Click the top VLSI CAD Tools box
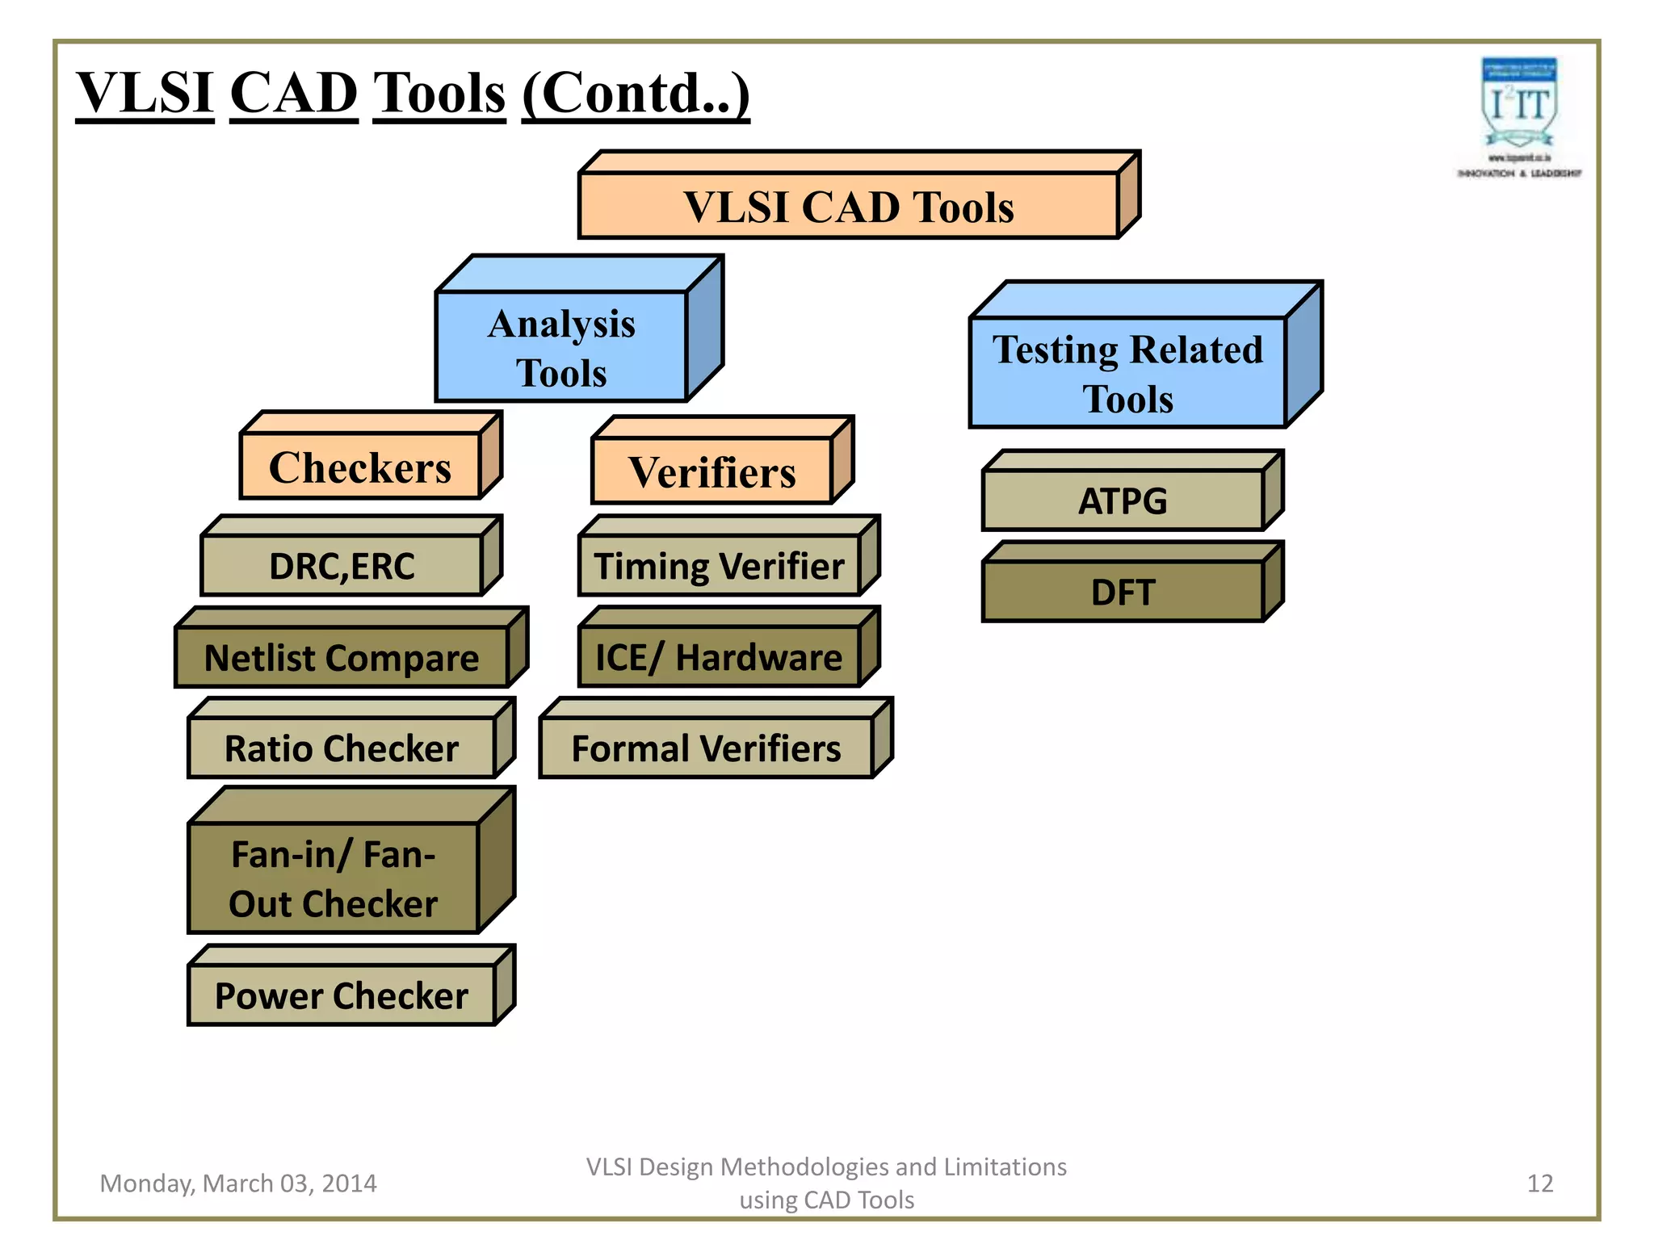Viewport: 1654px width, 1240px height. [x=848, y=206]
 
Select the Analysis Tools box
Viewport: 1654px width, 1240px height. [x=561, y=347]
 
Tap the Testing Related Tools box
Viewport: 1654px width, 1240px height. [x=1127, y=373]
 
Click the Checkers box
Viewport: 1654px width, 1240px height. [x=360, y=467]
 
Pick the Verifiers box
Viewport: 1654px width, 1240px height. [x=712, y=471]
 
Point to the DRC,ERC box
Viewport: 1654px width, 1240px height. [x=342, y=565]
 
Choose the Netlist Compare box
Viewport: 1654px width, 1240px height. [x=342, y=657]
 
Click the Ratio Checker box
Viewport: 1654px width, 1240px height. [x=342, y=748]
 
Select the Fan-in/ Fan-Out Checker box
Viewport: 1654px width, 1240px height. [x=333, y=878]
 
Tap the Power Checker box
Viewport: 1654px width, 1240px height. [x=342, y=995]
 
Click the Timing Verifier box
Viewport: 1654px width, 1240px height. [x=719, y=565]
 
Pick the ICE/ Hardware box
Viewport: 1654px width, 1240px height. [x=719, y=656]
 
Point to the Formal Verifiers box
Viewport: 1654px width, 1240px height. [x=706, y=748]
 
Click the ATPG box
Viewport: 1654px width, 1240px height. [x=1123, y=501]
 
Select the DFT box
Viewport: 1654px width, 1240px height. [x=1123, y=592]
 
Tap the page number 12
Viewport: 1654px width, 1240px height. [x=1540, y=1183]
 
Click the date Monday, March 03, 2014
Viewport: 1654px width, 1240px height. [x=238, y=1183]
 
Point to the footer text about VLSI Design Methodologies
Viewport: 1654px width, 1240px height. [x=826, y=1183]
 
